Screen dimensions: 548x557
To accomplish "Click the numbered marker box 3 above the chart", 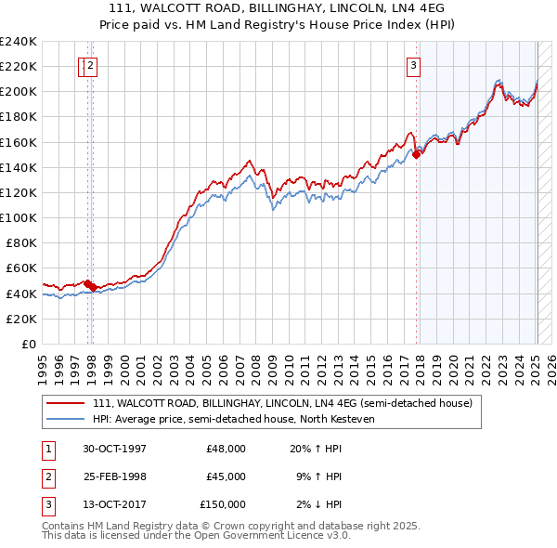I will (x=412, y=65).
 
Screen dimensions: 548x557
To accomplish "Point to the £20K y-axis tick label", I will (x=21, y=319).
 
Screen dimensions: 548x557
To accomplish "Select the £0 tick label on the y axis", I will (x=29, y=344).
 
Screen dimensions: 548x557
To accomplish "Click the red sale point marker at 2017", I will (x=417, y=155).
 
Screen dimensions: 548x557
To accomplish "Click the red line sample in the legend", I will (x=65, y=403).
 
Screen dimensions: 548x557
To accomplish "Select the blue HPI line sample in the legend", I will (x=65, y=419).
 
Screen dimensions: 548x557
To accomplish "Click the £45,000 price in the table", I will (x=226, y=476).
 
